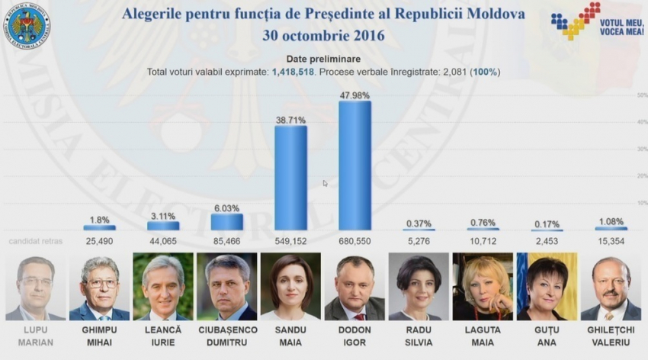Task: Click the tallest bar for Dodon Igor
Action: [x=354, y=165]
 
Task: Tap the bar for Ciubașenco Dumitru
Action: [x=227, y=221]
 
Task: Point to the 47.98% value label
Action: [x=354, y=95]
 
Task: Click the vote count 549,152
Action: [x=290, y=241]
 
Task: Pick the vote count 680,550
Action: [x=354, y=241]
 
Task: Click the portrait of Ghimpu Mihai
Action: [x=100, y=287]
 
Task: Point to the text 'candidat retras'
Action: [x=36, y=241]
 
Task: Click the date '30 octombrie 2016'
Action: [x=323, y=35]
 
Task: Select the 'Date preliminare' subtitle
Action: [x=323, y=59]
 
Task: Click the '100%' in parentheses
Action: [x=486, y=72]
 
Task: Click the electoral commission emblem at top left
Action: [x=27, y=27]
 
